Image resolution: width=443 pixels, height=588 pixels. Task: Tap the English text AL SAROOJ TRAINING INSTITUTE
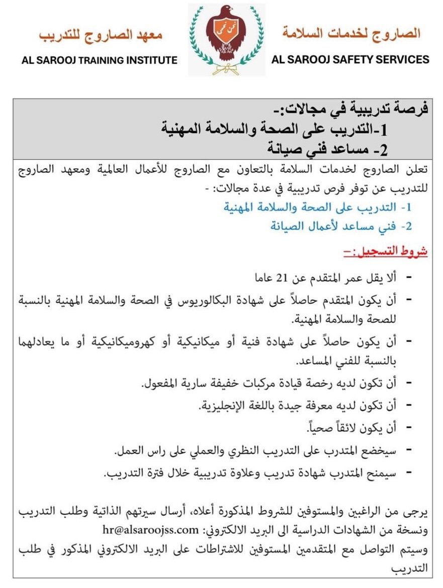[x=100, y=60]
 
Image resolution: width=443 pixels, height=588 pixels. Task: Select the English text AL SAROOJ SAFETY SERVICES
[x=350, y=59]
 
